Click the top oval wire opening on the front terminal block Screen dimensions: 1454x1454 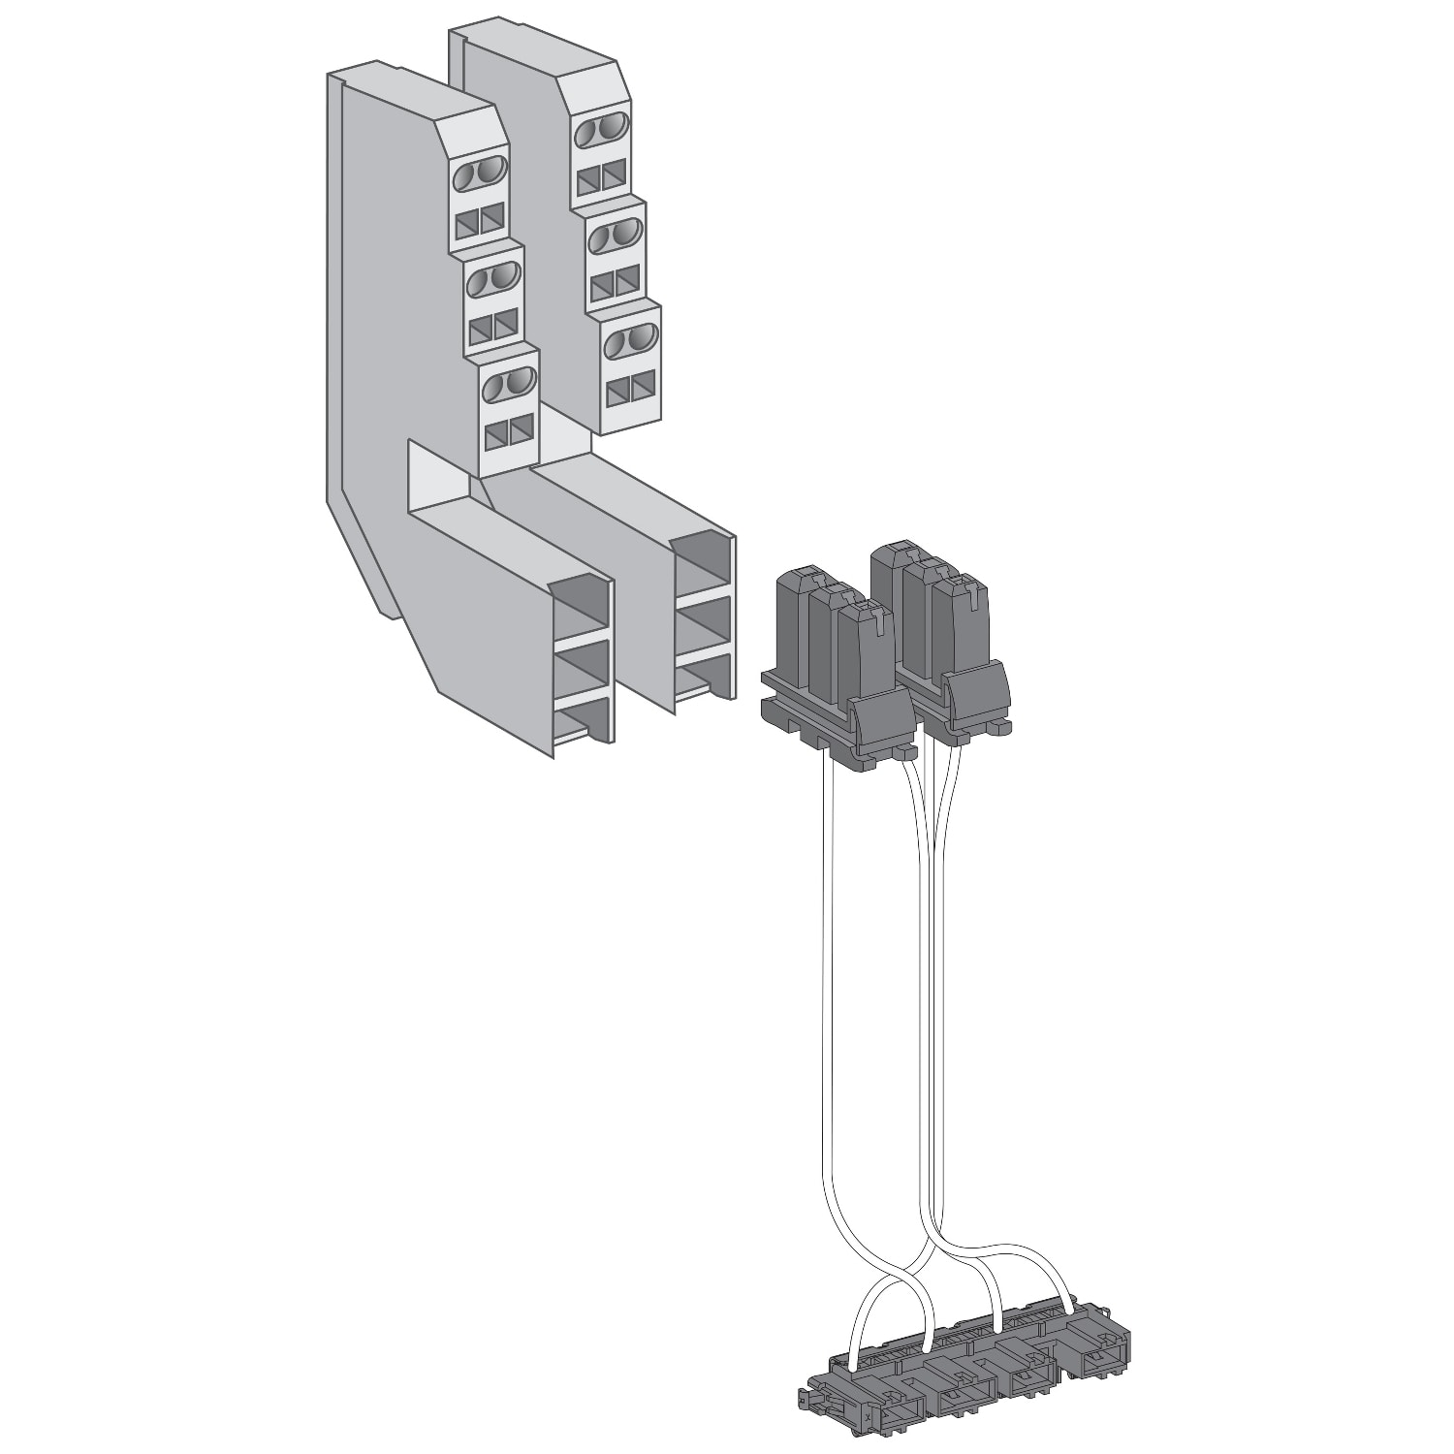point(480,174)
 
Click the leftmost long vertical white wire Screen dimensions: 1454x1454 point(827,969)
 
